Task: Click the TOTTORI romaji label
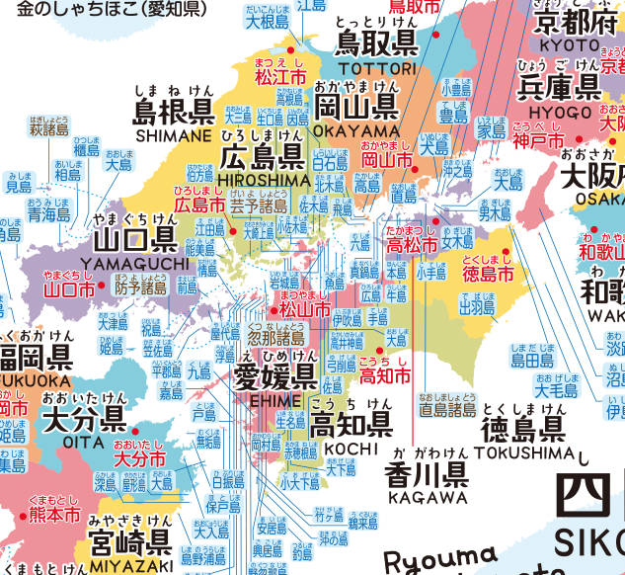[376, 68]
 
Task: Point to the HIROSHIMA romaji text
[262, 179]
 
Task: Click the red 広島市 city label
[199, 205]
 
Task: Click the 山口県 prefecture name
[134, 240]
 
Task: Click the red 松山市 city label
[304, 309]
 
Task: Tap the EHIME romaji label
[275, 397]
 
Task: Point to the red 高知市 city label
[384, 375]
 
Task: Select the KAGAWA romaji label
[428, 497]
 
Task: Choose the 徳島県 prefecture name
[523, 430]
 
